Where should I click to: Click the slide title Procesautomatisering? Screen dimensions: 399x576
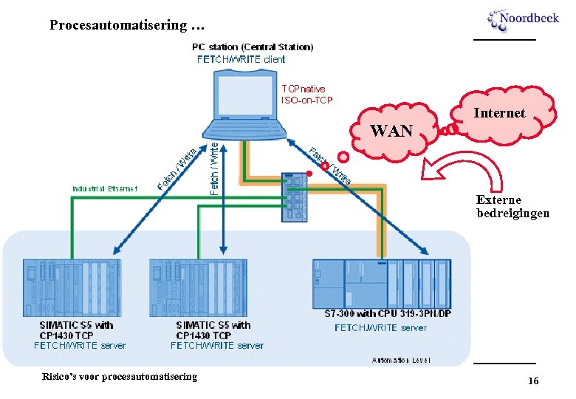(x=126, y=25)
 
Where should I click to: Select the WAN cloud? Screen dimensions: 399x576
(x=391, y=130)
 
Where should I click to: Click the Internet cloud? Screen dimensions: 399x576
(x=499, y=113)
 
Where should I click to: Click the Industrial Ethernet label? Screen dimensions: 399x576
(x=105, y=188)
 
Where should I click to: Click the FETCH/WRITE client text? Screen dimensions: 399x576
(x=241, y=59)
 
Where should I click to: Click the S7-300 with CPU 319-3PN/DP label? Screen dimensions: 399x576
(x=388, y=314)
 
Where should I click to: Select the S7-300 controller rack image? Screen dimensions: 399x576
(x=380, y=283)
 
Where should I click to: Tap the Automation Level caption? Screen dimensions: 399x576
(x=401, y=360)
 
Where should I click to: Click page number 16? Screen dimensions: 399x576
(x=532, y=381)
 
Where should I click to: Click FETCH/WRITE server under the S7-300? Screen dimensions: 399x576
(x=380, y=327)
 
